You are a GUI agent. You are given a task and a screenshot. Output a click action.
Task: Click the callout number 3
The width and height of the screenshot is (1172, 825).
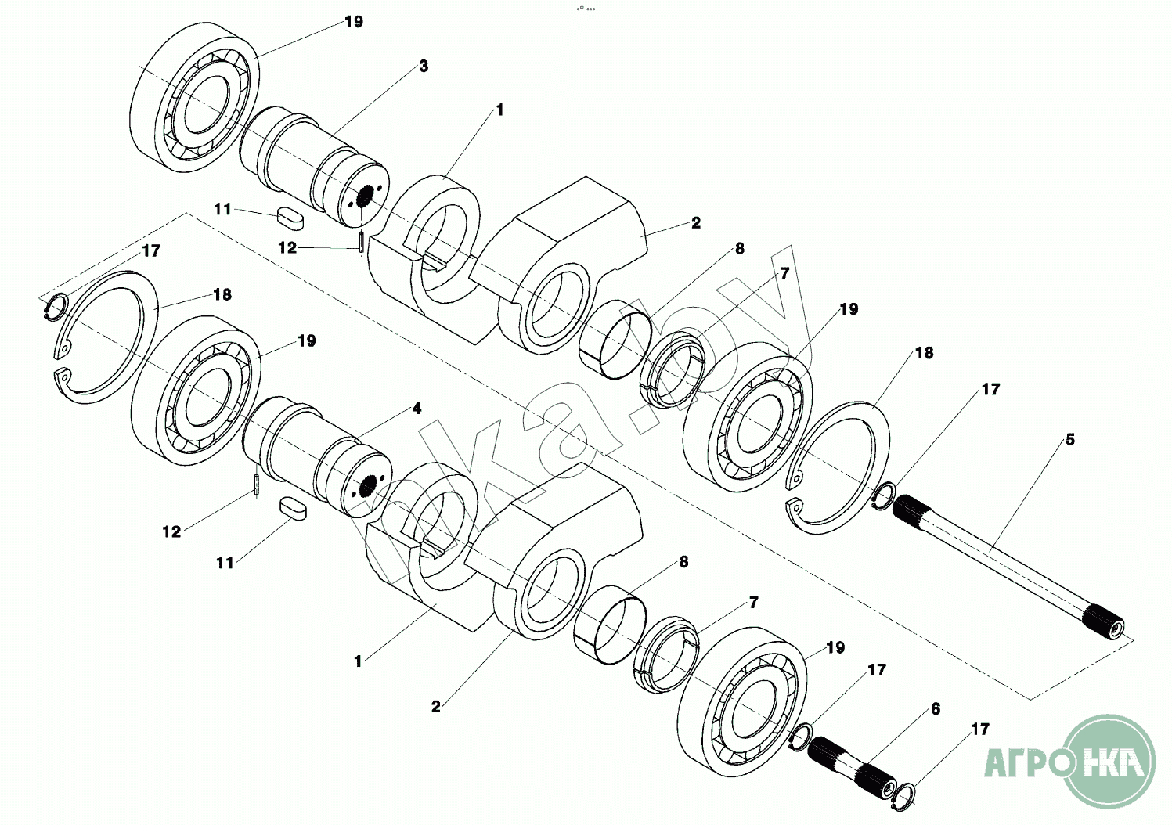(x=424, y=67)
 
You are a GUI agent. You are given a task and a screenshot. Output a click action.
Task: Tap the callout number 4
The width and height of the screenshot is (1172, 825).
(x=417, y=409)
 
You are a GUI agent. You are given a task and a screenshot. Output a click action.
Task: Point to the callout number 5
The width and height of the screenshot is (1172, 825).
(x=1070, y=440)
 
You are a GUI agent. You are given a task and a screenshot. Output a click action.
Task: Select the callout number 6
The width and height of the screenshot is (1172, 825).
(x=936, y=709)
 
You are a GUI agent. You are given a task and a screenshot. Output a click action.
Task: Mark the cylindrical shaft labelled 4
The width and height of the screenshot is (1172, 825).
(x=316, y=457)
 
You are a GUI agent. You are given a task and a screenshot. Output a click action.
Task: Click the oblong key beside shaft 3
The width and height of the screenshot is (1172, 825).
(x=290, y=218)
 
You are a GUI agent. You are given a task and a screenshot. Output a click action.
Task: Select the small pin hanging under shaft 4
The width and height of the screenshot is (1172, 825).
(x=256, y=484)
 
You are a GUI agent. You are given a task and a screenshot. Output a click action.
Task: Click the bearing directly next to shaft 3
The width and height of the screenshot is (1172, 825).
(x=195, y=97)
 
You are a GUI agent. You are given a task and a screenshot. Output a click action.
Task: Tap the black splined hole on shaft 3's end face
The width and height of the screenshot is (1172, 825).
(x=365, y=196)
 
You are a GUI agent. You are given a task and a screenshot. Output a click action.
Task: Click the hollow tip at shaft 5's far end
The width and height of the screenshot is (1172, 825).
(x=1116, y=628)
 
